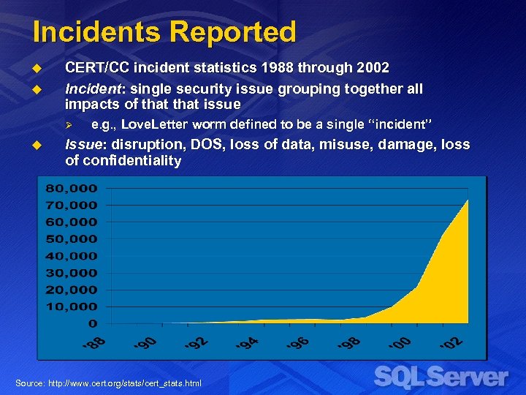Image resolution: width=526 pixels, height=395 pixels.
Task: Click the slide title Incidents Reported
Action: [x=164, y=32]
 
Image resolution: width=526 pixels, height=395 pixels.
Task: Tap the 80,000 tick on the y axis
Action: [x=72, y=188]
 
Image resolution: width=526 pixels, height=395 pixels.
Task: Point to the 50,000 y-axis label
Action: [x=72, y=238]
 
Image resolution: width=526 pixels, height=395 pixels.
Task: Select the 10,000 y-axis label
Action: [x=72, y=306]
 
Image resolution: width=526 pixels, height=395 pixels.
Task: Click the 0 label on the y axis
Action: [x=92, y=323]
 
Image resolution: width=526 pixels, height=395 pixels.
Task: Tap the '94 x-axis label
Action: [x=246, y=342]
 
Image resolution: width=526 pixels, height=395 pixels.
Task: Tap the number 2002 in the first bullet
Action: [x=373, y=68]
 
